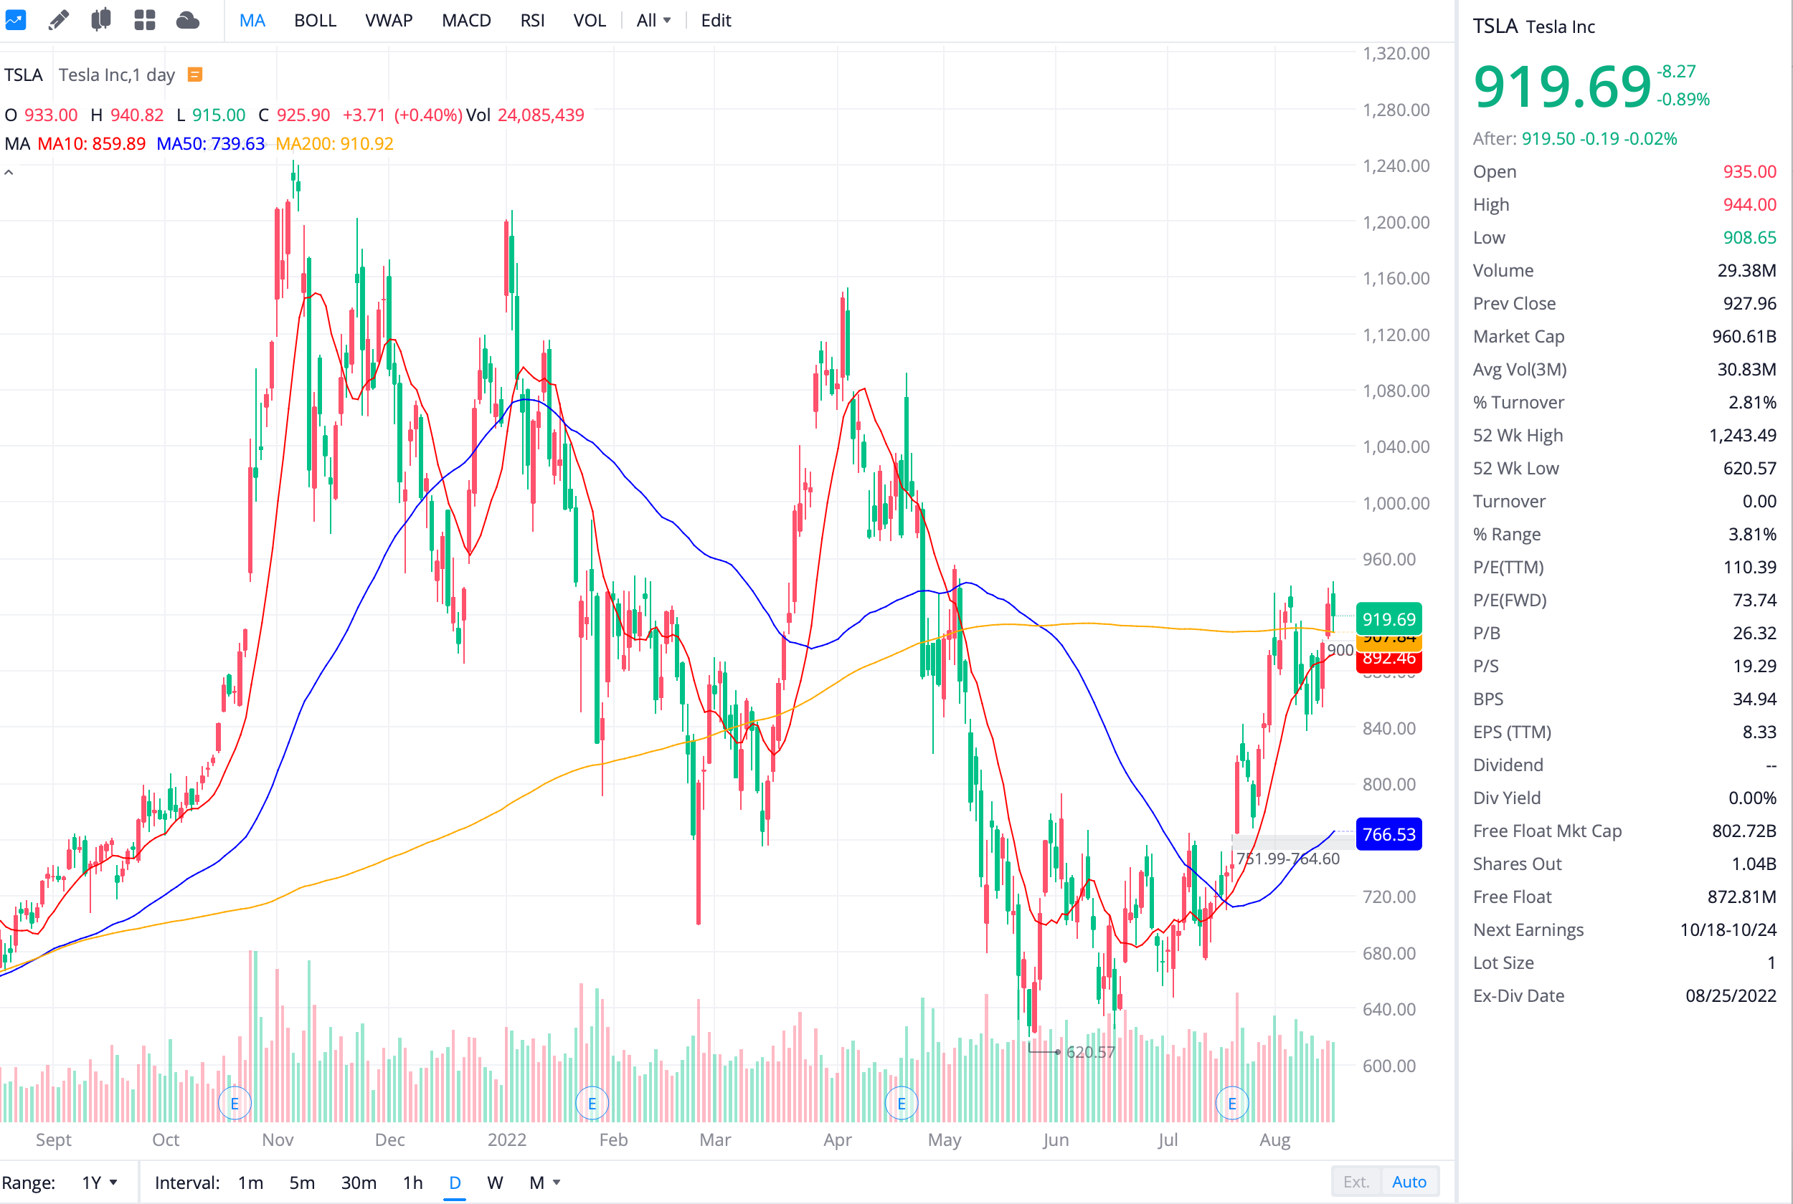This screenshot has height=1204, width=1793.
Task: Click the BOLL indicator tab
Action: (315, 21)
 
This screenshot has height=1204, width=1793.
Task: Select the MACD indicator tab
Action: (465, 21)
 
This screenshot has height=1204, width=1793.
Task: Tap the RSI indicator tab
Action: (531, 21)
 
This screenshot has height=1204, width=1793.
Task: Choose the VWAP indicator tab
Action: (389, 21)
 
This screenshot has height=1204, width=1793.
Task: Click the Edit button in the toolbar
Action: (715, 21)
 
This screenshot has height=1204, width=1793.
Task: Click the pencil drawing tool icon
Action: (58, 21)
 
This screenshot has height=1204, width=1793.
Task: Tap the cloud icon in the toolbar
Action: (187, 21)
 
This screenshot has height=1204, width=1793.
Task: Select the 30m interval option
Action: (358, 1182)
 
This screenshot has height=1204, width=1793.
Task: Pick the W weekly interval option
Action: (495, 1182)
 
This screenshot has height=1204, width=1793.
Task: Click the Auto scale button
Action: (1408, 1182)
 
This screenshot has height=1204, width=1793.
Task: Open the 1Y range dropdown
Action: (99, 1182)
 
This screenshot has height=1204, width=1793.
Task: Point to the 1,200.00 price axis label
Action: (1395, 223)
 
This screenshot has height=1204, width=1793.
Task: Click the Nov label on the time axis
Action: (278, 1139)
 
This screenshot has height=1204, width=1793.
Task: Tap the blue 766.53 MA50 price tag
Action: (1388, 835)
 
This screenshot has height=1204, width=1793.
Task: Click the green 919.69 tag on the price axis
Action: (1388, 619)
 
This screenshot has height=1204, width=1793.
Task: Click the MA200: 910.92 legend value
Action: (334, 143)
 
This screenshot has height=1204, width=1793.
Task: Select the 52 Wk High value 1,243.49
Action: (1741, 436)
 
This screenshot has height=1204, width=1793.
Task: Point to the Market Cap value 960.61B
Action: (1743, 336)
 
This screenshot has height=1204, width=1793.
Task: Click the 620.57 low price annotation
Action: (1089, 1052)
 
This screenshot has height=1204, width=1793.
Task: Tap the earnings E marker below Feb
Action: (592, 1104)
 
